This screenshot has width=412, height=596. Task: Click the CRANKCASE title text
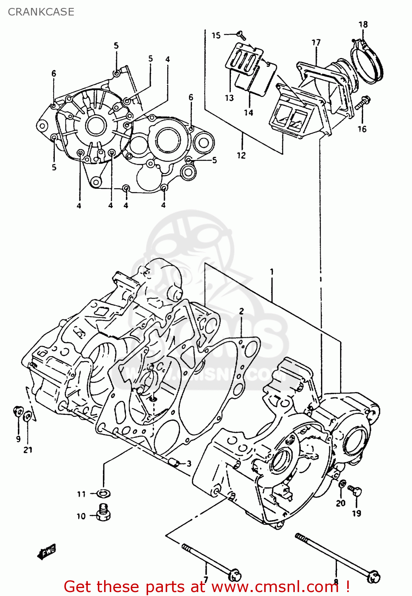41,12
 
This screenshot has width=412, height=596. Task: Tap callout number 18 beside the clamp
363,25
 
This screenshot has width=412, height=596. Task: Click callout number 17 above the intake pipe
316,43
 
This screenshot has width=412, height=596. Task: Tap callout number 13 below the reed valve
229,98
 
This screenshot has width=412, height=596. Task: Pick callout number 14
248,113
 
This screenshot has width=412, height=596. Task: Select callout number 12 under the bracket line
241,155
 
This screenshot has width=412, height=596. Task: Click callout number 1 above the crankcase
272,272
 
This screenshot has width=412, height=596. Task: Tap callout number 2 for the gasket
241,311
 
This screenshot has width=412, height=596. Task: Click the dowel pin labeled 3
173,463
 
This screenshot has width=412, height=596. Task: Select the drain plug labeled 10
104,513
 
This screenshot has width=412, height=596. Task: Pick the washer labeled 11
104,493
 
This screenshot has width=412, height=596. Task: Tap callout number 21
28,450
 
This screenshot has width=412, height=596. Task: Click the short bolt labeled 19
354,491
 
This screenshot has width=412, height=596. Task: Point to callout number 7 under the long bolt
205,579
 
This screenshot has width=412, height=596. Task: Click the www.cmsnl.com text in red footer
274,586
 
